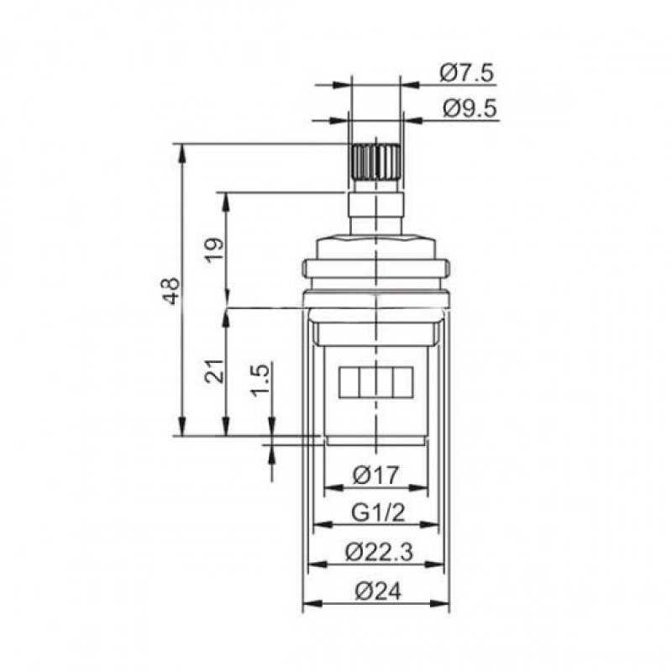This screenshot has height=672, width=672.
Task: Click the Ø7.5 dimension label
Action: [x=467, y=73]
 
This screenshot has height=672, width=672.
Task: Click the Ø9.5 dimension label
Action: [x=467, y=108]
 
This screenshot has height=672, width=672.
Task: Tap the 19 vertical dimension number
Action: [x=215, y=249]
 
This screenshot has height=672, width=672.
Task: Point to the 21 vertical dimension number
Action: [x=215, y=370]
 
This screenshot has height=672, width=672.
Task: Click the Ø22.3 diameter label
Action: [x=377, y=552]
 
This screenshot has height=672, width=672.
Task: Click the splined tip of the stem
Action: [x=375, y=160]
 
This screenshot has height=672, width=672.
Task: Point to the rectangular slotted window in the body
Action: [x=375, y=382]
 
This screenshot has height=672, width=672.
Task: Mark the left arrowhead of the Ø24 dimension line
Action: [x=307, y=603]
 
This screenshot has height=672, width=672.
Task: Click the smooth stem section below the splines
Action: [x=375, y=210]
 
